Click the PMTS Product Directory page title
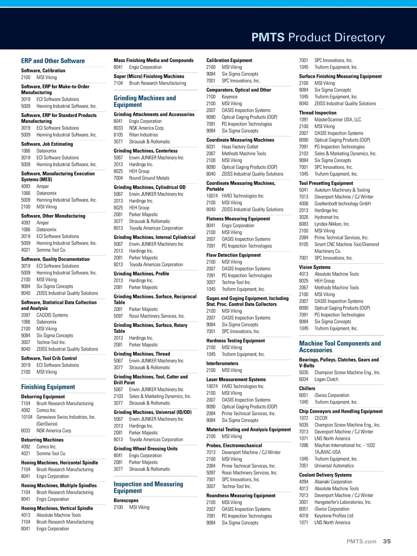click(x=318, y=38)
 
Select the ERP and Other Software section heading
click(x=53, y=61)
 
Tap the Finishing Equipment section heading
click(x=48, y=387)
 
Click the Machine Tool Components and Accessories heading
click(x=340, y=347)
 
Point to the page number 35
click(x=387, y=541)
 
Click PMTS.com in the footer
click(x=361, y=541)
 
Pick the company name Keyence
click(x=230, y=97)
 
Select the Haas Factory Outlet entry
click(x=240, y=147)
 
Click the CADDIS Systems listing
click(x=52, y=315)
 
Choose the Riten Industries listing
click(x=144, y=135)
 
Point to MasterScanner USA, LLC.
click(x=338, y=120)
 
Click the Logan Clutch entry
click(x=326, y=379)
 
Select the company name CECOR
click(x=321, y=418)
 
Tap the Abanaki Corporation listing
click(x=333, y=482)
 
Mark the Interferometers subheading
click(x=222, y=363)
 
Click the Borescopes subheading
click(x=126, y=500)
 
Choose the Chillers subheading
click(x=307, y=389)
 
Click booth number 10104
click(x=27, y=417)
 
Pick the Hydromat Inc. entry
click(x=327, y=217)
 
